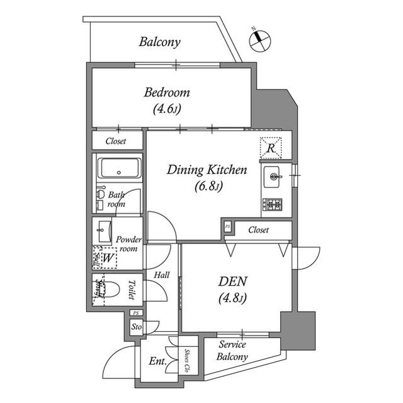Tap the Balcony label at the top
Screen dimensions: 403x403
(160, 43)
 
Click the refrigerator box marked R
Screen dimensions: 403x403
(271, 148)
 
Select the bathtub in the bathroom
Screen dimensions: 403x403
(120, 169)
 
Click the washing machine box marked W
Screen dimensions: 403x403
(106, 257)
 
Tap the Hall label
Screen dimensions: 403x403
(161, 275)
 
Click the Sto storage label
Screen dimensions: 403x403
(136, 327)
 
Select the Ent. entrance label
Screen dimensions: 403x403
(157, 361)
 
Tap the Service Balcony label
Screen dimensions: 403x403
(233, 351)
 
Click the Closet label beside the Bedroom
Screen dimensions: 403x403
(115, 141)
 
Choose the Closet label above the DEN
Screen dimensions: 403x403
(258, 230)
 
